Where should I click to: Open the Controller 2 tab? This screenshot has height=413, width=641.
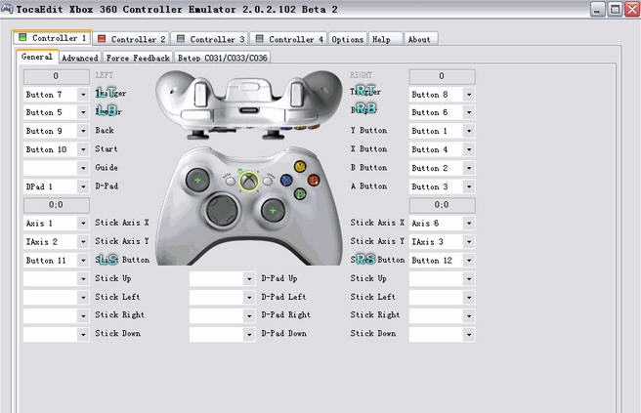click(131, 39)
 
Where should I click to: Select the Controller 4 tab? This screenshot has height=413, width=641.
click(289, 39)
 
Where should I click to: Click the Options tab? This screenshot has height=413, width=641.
click(348, 39)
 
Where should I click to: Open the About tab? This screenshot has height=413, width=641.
click(419, 39)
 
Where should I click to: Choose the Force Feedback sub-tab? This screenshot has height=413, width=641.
click(138, 58)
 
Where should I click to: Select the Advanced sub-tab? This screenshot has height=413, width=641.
click(79, 58)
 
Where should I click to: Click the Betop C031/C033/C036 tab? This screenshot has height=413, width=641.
click(223, 58)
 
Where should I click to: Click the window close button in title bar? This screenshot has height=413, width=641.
click(631, 9)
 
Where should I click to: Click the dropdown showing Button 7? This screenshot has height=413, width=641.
click(56, 95)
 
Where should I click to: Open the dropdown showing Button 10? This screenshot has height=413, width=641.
click(56, 149)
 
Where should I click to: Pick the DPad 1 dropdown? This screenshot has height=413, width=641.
click(56, 186)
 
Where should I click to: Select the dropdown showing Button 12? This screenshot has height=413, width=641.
click(442, 260)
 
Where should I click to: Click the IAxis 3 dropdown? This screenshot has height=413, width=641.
click(442, 241)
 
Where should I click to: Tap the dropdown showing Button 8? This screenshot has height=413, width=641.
click(442, 95)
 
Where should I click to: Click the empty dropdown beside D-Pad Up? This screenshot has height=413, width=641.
click(222, 278)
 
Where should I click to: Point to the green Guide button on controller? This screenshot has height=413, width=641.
click(250, 181)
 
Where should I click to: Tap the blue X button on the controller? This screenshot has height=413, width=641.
click(285, 180)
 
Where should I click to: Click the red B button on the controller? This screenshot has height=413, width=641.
click(314, 180)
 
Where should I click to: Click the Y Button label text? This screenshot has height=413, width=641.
click(368, 131)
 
